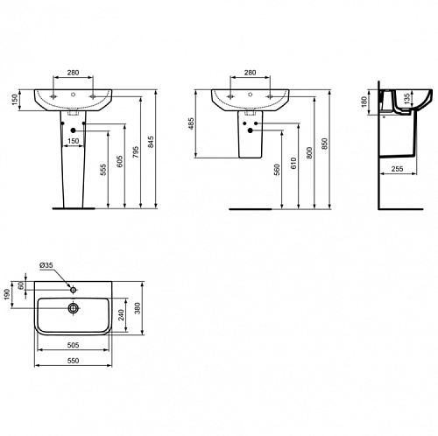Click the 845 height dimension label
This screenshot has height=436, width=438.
pyautogui.click(x=151, y=142)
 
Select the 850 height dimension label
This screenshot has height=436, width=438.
pyautogui.click(x=325, y=144)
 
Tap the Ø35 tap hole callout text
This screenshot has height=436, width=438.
pyautogui.click(x=46, y=265)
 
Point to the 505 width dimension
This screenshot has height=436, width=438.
pyautogui.click(x=73, y=345)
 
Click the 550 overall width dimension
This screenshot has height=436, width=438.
pyautogui.click(x=73, y=361)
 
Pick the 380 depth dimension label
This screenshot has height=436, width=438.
pyautogui.click(x=138, y=308)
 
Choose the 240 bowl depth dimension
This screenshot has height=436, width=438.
pyautogui.click(x=121, y=315)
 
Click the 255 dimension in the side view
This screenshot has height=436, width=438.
pyautogui.click(x=397, y=169)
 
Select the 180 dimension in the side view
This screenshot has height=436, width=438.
pyautogui.click(x=364, y=102)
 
